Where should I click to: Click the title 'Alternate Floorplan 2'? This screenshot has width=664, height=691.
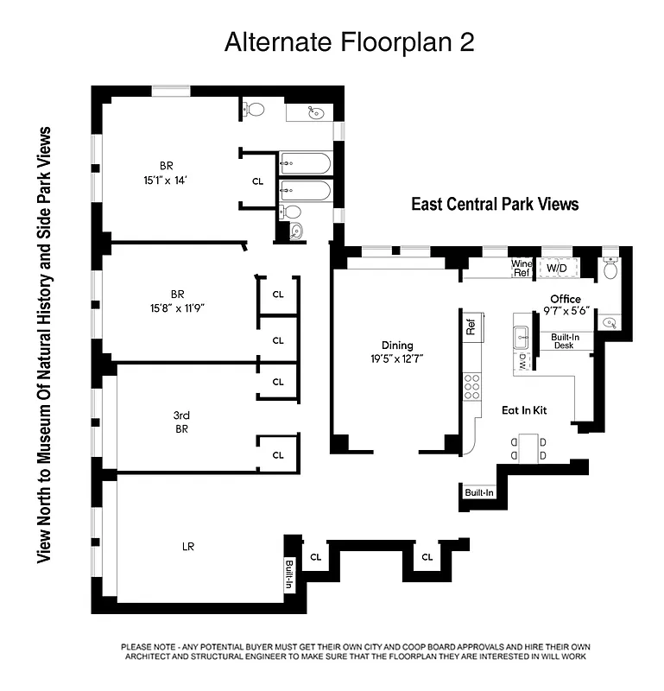349,42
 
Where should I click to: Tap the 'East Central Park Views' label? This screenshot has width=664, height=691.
494,205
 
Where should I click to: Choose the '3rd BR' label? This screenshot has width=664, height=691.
181,422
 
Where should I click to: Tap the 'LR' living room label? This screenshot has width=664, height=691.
187,546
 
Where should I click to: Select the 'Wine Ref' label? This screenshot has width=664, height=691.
522,268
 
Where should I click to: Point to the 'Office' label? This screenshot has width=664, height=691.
566,299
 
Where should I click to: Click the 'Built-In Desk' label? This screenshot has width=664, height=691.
565,340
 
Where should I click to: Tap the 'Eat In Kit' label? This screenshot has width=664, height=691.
527,411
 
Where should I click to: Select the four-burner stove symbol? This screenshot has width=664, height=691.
471,385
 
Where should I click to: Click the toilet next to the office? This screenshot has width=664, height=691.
610,269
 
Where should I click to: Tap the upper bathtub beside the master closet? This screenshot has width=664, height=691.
305,162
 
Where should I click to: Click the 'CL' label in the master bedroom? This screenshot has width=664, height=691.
257,181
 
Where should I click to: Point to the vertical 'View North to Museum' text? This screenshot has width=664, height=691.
44,345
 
